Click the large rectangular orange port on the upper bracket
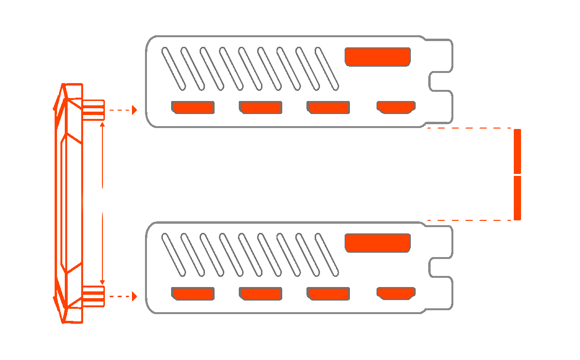point(377,57)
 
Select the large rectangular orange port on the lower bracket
point(377,243)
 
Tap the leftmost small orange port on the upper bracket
point(193,107)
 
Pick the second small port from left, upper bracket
point(261,107)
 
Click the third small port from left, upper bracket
point(328,107)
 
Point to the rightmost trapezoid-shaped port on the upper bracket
point(396,107)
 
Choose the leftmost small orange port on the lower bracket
point(193,293)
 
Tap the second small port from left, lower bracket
point(261,293)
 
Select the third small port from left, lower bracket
point(328,293)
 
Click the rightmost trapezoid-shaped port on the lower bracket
point(396,293)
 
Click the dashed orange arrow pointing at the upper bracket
point(123,110)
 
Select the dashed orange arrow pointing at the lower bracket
point(123,296)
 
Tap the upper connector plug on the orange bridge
point(93,110)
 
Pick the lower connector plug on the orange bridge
point(93,296)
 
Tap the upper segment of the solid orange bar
point(517,151)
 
